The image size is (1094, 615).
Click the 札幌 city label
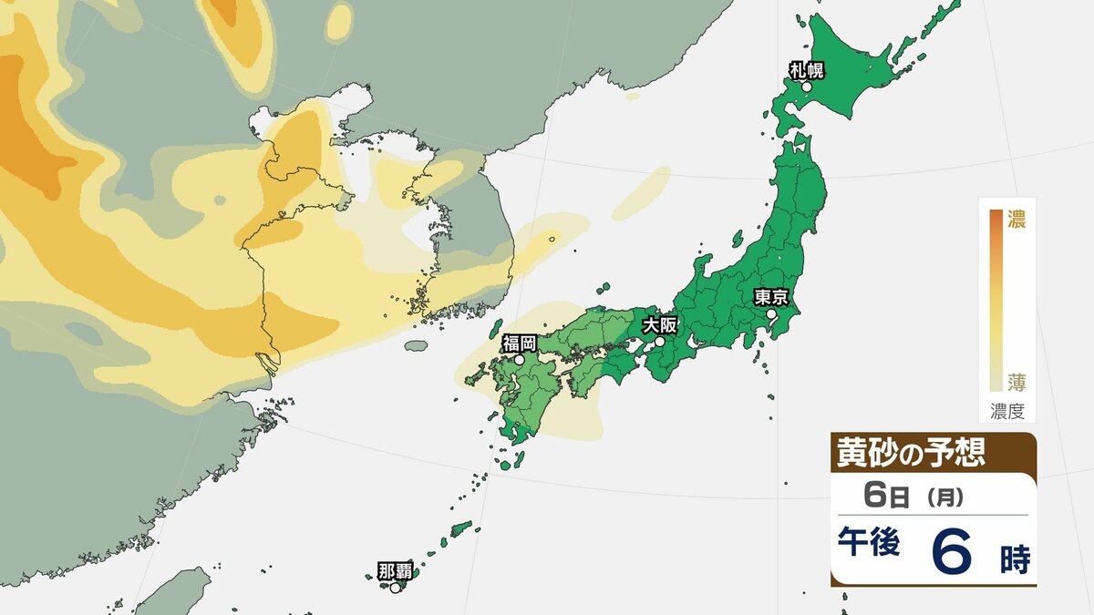[808, 68]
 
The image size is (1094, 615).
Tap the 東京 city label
[771, 296]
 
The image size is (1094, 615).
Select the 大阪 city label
[660, 324]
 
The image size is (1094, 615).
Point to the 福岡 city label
[519, 343]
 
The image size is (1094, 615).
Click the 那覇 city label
[395, 571]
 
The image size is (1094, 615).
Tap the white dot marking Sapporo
[807, 87]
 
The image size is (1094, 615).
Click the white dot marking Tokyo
[771, 314]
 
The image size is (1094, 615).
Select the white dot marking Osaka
[660, 342]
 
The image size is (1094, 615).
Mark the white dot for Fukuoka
[519, 360]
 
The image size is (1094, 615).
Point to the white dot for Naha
[395, 588]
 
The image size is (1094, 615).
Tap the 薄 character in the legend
[1016, 381]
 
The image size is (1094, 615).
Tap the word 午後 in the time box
[869, 543]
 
